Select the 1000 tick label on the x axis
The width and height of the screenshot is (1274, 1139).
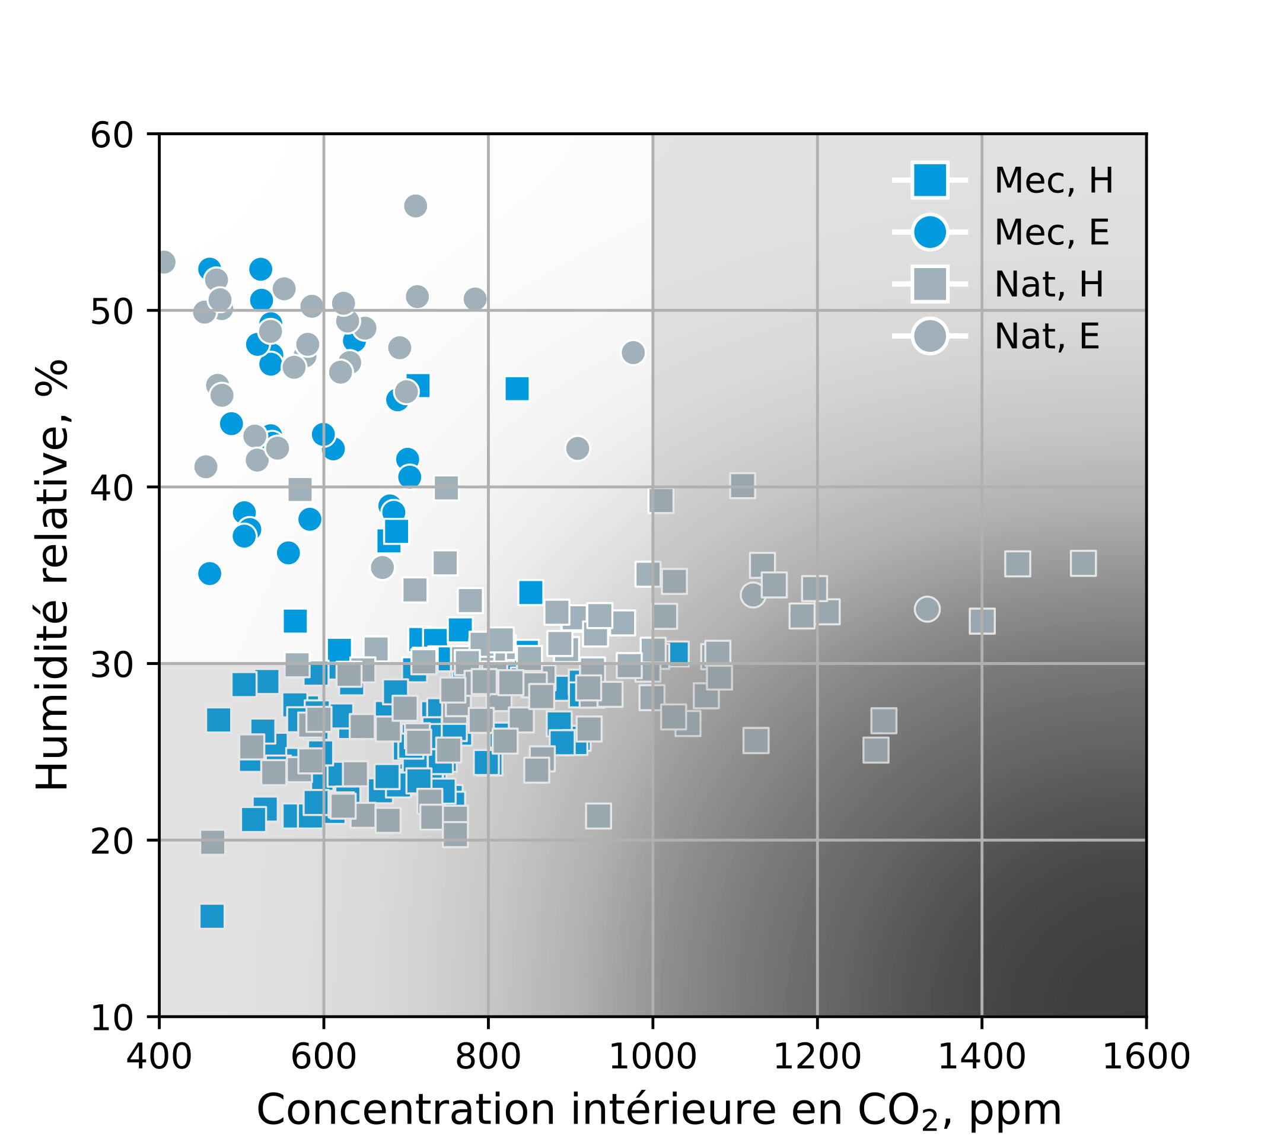[652, 1058]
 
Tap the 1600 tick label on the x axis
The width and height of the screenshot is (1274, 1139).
[1145, 1058]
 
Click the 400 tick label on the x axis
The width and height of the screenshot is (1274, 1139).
[159, 1058]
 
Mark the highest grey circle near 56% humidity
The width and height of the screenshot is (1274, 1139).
[416, 206]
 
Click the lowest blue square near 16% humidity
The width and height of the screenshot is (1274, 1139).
[212, 916]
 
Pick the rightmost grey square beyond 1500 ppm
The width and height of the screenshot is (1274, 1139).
[1083, 563]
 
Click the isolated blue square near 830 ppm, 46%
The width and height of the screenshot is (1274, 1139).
[517, 389]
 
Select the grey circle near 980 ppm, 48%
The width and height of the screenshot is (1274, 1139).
[633, 352]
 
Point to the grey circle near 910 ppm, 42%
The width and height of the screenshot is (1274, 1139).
[577, 448]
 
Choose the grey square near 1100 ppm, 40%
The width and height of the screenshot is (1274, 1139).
[742, 485]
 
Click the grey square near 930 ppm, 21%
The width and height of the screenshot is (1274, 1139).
[598, 816]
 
